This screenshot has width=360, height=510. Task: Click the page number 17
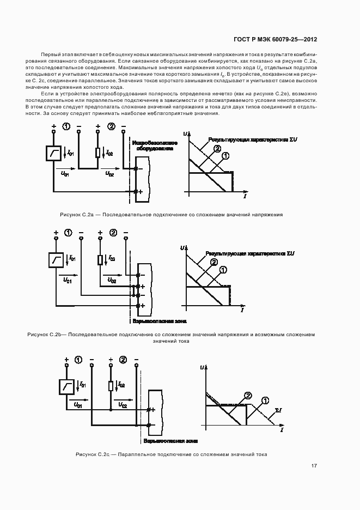pos(314,466)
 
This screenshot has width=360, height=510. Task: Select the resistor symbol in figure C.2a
pos(97,153)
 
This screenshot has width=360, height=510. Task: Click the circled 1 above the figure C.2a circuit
pos(66,127)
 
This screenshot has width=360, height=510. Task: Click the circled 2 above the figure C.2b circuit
pos(113,233)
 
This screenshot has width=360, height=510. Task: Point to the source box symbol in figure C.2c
pos(68,387)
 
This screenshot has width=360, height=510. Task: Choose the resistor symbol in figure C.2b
pos(100,259)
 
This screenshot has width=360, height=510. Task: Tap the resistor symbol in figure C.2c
pos(111,386)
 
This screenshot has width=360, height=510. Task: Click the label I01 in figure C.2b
pos(72,258)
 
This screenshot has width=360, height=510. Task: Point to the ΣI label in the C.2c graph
pos(278,409)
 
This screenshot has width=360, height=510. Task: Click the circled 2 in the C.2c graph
pos(248,396)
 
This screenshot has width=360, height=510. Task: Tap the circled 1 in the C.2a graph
pos(225,155)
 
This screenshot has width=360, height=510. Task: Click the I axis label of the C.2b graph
pos(242,309)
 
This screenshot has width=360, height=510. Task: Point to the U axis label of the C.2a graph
pos(186,133)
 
